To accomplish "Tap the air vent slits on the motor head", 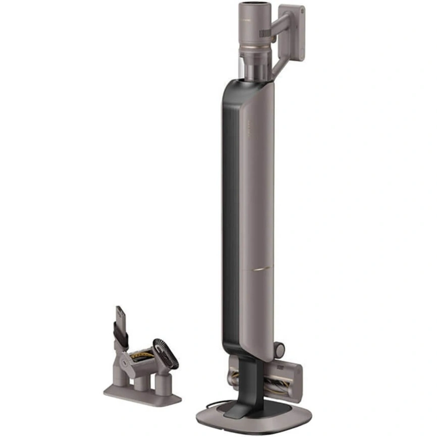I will tap(266, 34).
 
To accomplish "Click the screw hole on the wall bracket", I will tap(301, 11).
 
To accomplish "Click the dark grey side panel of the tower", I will tap(230, 212).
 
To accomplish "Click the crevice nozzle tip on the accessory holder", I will tap(120, 315).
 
